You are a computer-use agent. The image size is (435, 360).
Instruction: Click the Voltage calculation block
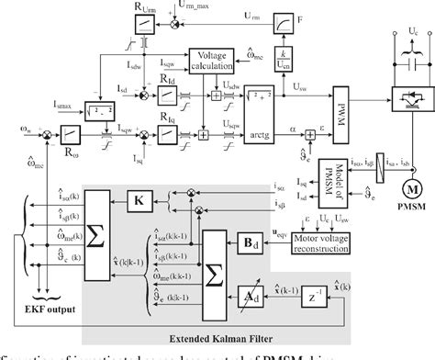coord(213,62)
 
